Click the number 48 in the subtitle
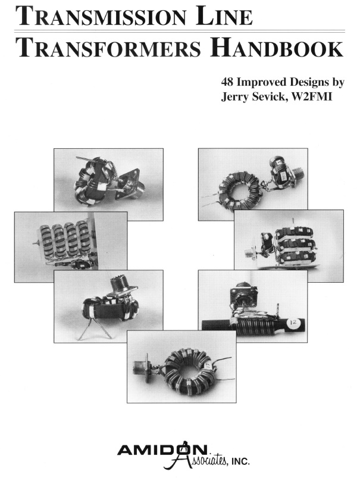(x=227, y=82)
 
